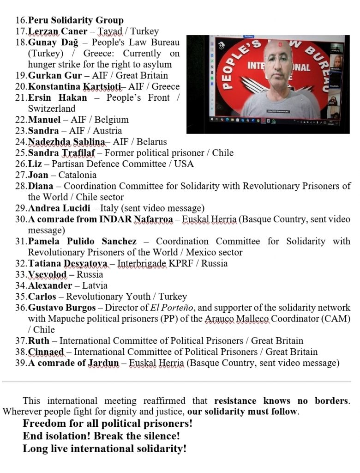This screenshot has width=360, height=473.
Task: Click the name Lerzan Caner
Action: (58, 31)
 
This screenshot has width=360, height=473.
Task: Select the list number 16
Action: (21, 20)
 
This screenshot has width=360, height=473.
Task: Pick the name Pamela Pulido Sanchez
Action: (82, 241)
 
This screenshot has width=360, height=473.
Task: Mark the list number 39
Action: (21, 363)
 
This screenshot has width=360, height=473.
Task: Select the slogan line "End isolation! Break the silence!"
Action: (101, 436)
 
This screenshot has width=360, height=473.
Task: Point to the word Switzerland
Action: (51, 109)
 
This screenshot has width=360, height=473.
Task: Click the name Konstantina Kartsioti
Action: (74, 86)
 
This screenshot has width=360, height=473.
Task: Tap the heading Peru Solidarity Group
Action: (76, 20)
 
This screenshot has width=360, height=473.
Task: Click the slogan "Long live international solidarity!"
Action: (105, 449)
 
